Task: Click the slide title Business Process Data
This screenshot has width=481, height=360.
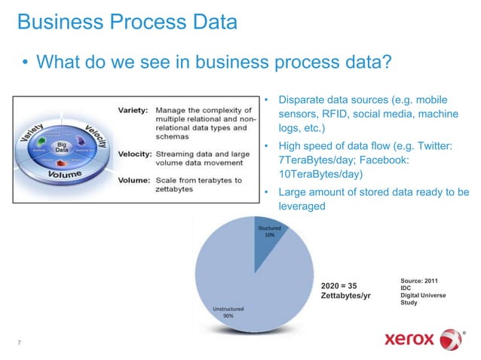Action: [127, 23]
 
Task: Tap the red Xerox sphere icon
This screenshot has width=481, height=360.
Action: [452, 338]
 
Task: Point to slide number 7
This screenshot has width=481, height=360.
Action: [18, 343]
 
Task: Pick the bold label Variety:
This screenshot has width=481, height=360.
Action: [133, 110]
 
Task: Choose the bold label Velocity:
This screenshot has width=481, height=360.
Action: [135, 154]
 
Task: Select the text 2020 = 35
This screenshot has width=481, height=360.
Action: [339, 285]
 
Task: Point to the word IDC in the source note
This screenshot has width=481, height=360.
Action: [406, 288]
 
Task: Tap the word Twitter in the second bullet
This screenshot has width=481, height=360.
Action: [432, 145]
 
